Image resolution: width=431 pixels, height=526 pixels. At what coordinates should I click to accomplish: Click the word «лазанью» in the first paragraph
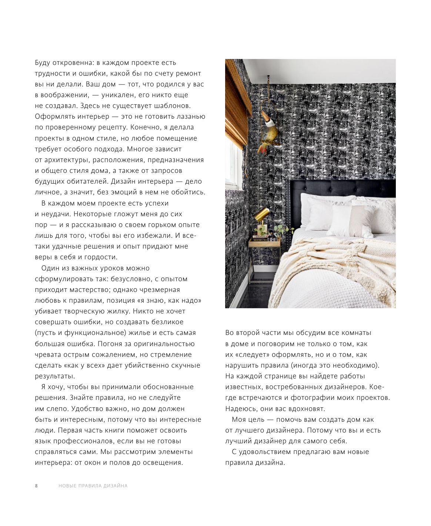tap(189, 116)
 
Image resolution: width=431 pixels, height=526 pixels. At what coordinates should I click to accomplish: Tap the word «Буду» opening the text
tap(43, 63)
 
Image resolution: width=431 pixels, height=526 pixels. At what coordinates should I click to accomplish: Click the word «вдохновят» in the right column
tap(307, 409)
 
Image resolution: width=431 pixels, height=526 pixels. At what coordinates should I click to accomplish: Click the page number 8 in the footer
tap(36, 486)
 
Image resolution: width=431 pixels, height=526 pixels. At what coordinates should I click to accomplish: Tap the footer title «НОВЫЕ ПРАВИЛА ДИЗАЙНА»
tap(93, 486)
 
